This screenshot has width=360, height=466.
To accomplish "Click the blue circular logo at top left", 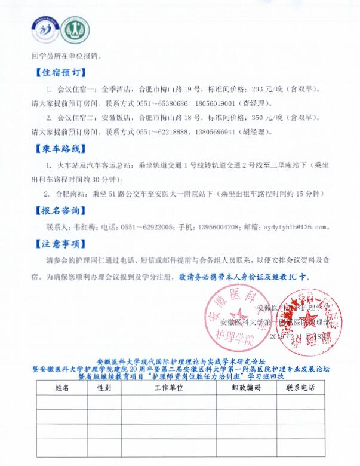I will point(45,27).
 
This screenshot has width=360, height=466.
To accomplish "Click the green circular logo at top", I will point(73,27).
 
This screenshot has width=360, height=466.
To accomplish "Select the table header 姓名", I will point(62,388).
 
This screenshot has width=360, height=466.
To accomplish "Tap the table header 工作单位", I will point(168,388).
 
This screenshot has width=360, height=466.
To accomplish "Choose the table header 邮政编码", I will point(245,388).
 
